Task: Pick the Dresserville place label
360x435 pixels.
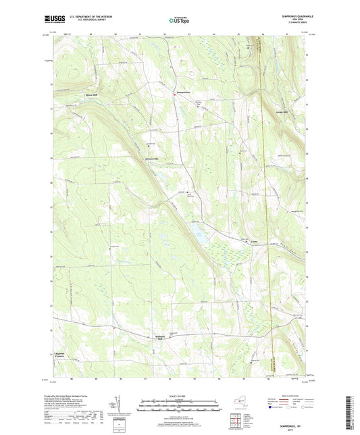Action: point(157,158)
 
